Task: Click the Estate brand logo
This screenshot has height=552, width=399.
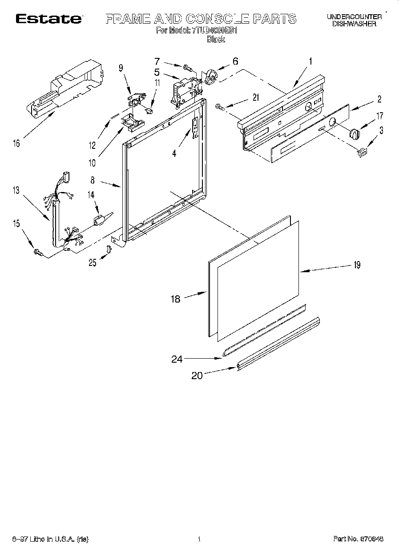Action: [49, 19]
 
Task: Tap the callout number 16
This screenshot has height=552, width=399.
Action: [16, 143]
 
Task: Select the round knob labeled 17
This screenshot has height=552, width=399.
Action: [354, 133]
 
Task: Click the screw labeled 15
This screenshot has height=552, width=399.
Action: [38, 253]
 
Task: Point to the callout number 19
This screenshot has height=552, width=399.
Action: [356, 265]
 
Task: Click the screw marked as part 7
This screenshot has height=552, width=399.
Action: [188, 68]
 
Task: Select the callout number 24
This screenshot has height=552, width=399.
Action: [177, 359]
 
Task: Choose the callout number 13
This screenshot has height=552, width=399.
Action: [16, 190]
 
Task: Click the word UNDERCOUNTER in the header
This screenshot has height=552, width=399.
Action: [354, 16]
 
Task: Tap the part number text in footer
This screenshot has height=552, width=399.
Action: [359, 539]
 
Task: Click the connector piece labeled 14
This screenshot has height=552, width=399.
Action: [99, 219]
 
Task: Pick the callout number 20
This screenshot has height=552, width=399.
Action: [197, 376]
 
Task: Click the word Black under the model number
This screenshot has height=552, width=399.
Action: [216, 39]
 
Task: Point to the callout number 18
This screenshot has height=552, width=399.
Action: [176, 298]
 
